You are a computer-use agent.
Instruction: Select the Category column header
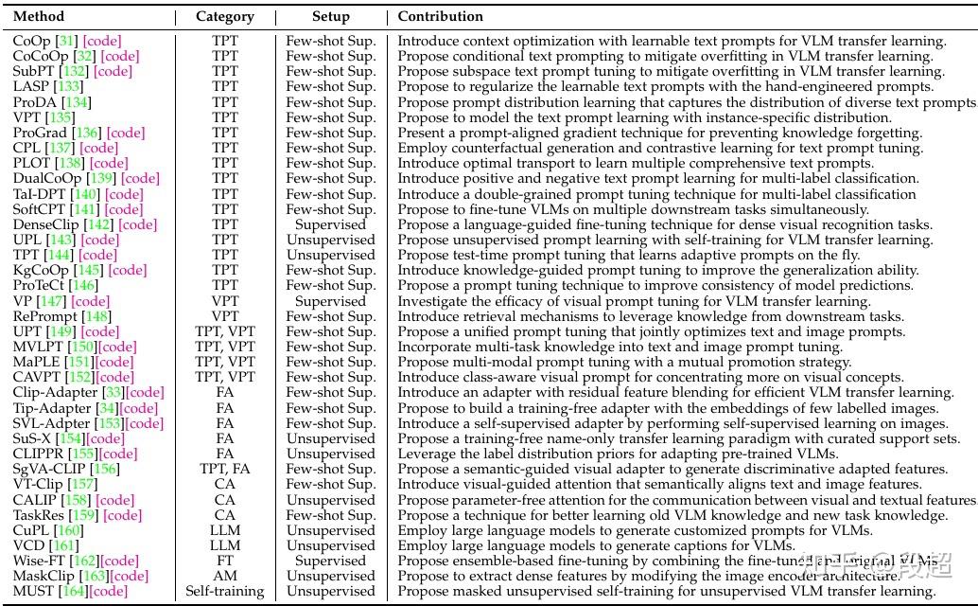[225, 16]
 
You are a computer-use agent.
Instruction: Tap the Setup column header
[330, 16]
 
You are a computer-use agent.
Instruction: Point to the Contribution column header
[440, 16]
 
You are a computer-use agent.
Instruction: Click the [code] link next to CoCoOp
[119, 56]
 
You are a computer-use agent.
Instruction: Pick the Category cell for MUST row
[225, 592]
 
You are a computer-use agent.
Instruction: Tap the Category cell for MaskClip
[225, 576]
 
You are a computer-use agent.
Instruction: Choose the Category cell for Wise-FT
[225, 561]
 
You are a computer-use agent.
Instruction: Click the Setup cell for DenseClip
[330, 224]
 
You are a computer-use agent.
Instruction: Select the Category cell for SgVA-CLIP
[225, 469]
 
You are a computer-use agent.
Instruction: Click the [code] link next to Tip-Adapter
[139, 408]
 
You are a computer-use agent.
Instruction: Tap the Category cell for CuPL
[225, 530]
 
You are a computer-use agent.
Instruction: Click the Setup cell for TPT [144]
[330, 255]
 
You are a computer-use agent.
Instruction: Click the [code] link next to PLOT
[109, 163]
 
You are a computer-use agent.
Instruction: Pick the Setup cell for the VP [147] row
[330, 301]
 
